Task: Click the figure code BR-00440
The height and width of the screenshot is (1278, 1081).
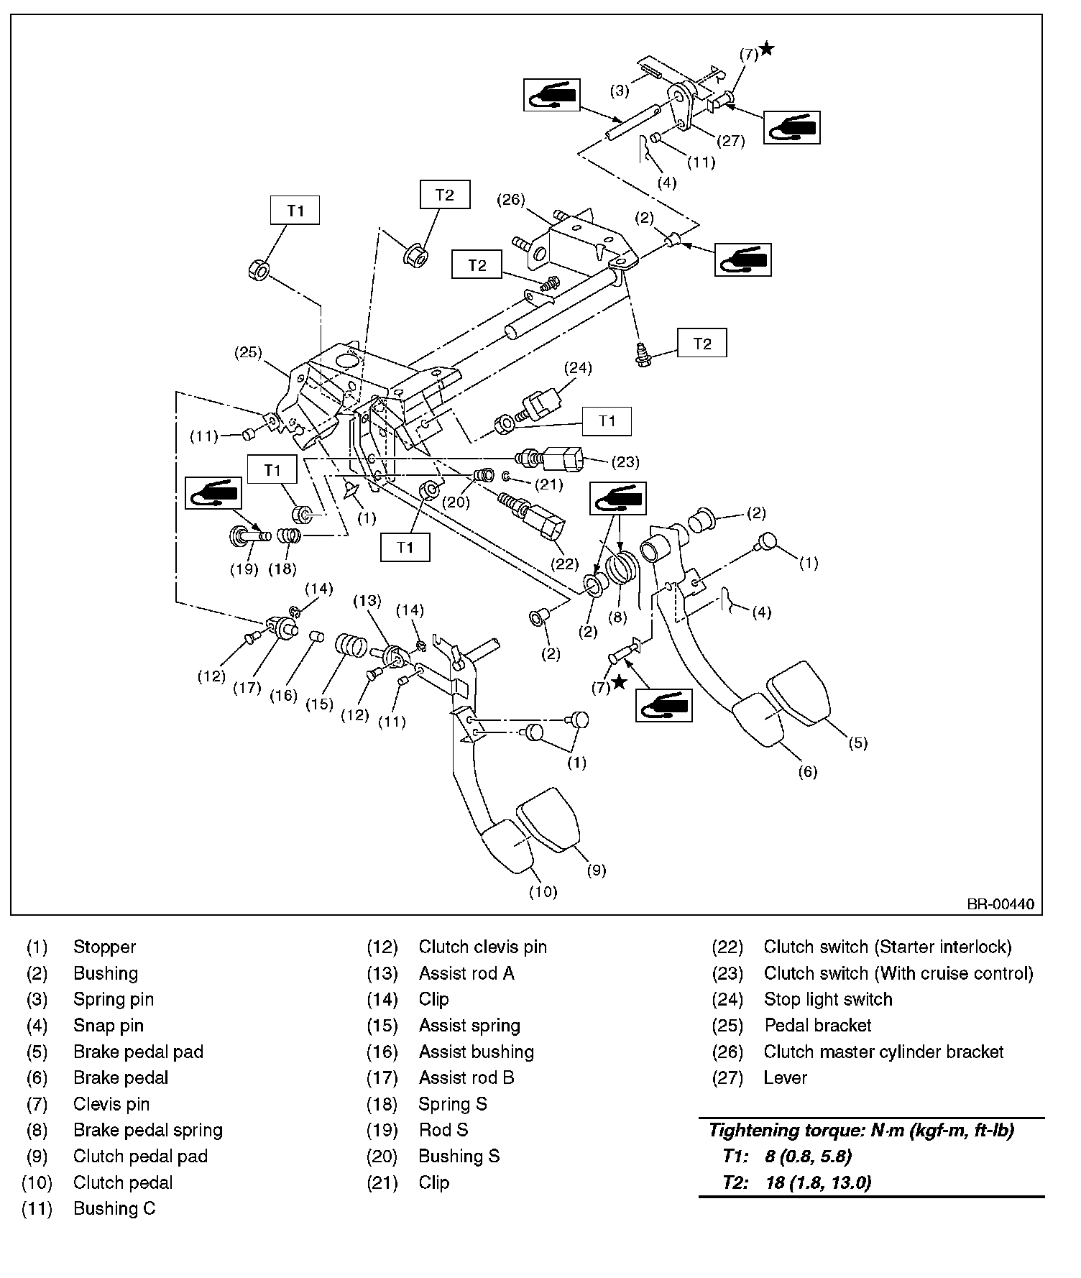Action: pos(1000,904)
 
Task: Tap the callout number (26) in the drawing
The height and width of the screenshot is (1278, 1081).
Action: pos(511,200)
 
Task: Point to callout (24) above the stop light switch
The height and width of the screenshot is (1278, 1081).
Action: pos(577,369)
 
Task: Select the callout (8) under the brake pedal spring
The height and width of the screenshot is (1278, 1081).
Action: pos(617,616)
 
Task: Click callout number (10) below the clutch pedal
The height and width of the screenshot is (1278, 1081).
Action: pos(543,891)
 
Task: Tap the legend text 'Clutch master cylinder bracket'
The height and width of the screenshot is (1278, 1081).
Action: pos(883,1052)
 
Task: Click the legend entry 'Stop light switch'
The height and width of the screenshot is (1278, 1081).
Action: pos(828,999)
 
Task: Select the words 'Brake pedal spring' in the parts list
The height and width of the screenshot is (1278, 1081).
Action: pos(148,1130)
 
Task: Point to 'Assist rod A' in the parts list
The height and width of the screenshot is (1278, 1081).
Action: pos(466,973)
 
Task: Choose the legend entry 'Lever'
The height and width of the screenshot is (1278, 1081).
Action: pos(786,1077)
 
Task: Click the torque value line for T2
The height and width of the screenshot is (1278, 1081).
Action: pos(798,1182)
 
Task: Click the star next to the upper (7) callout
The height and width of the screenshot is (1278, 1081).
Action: pos(767,49)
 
